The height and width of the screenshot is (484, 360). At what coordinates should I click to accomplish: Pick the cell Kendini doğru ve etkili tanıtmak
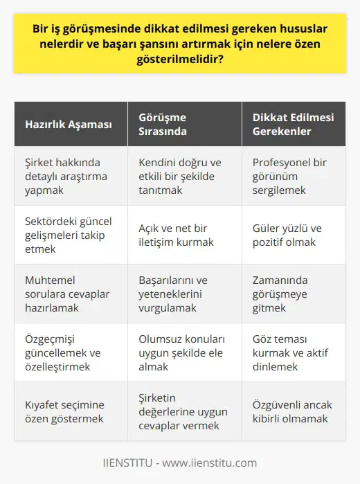177,176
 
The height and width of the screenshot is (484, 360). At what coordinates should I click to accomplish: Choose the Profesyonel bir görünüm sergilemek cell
287,176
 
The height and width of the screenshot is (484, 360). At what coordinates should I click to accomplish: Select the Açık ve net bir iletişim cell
177,235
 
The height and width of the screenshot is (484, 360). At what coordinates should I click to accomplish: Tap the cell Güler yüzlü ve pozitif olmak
287,235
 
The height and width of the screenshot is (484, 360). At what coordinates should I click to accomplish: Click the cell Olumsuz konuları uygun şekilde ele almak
177,353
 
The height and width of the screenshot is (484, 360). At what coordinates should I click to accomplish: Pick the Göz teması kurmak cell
288,353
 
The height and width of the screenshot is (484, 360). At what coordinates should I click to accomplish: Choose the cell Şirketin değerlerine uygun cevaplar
177,412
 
